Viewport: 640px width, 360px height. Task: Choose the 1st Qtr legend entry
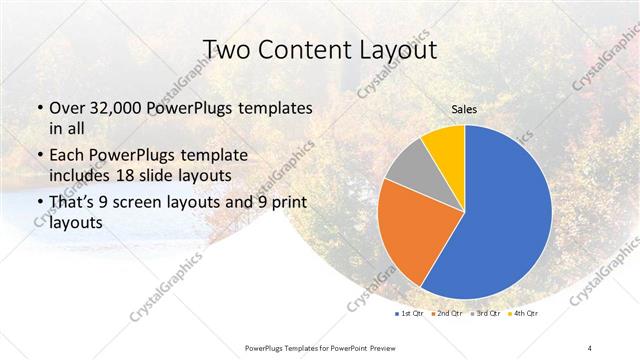(411, 314)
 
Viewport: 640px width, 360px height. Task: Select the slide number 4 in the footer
(591, 346)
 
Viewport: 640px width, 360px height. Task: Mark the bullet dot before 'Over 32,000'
(39, 108)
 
